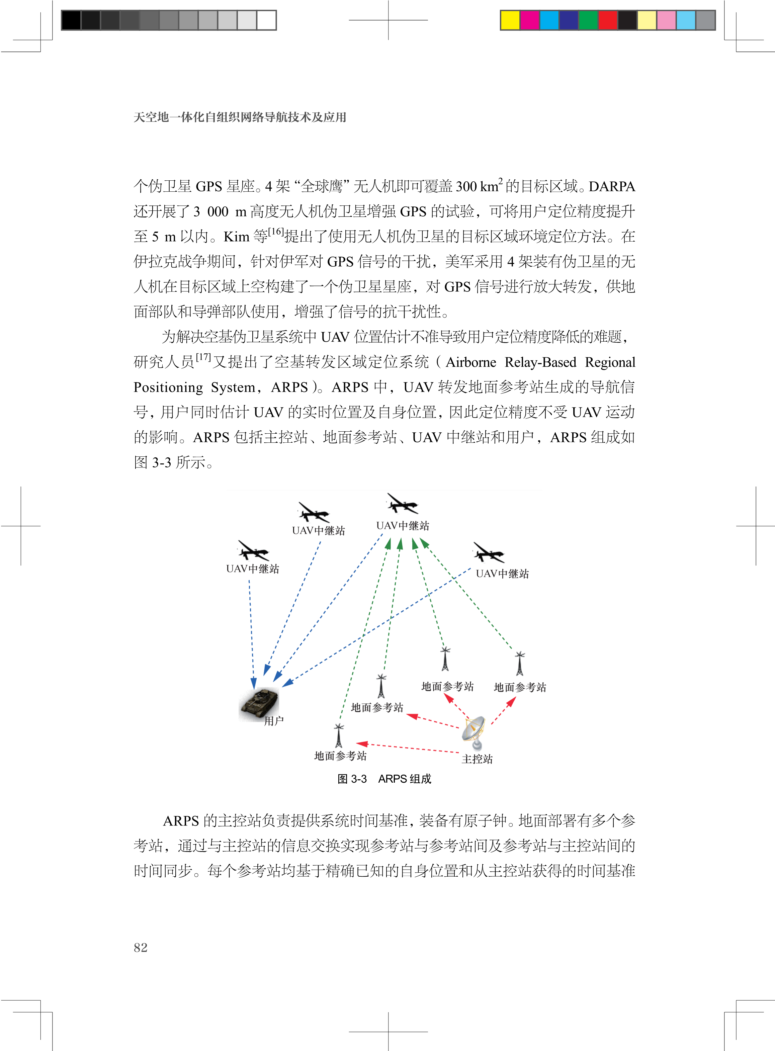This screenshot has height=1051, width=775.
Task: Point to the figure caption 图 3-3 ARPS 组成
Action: click(x=384, y=779)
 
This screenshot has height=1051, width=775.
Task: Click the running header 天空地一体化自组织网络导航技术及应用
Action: click(x=240, y=117)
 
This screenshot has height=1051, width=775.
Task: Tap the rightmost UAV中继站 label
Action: click(x=502, y=574)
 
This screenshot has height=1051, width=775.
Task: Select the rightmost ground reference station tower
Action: click(x=519, y=664)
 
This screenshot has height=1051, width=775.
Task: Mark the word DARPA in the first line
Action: click(x=612, y=187)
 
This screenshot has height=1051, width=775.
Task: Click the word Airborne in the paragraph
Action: click(x=470, y=362)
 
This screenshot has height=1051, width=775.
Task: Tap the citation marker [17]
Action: click(x=203, y=357)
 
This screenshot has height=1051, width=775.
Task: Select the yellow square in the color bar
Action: click(x=510, y=20)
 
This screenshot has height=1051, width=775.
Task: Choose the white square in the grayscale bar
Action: click(x=266, y=20)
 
